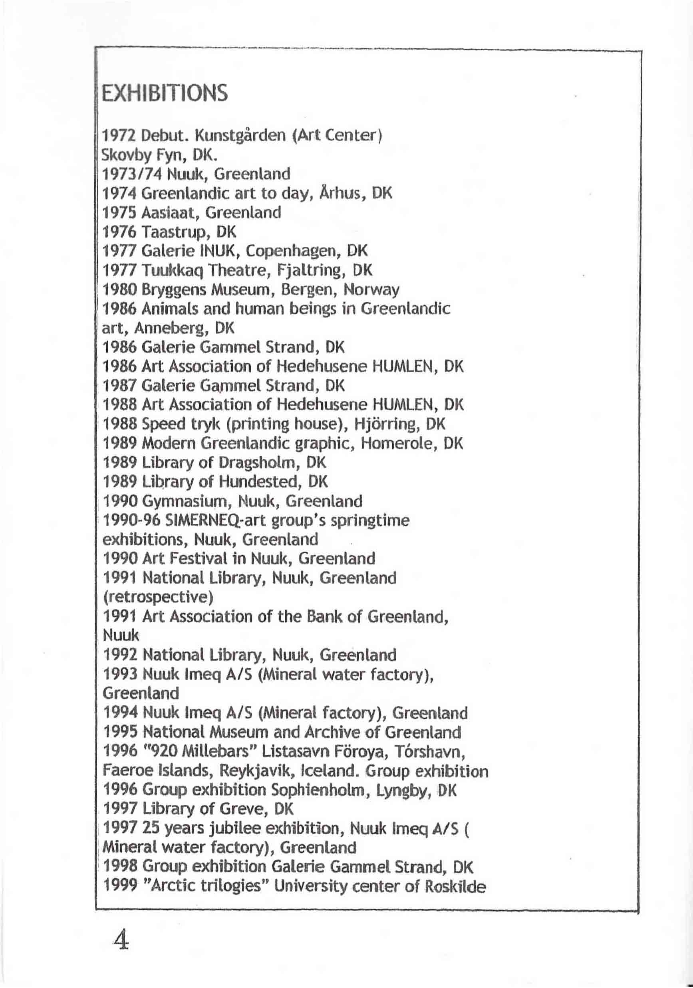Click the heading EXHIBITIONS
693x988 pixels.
(164, 93)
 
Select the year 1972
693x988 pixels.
(119, 137)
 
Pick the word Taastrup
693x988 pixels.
(176, 232)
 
